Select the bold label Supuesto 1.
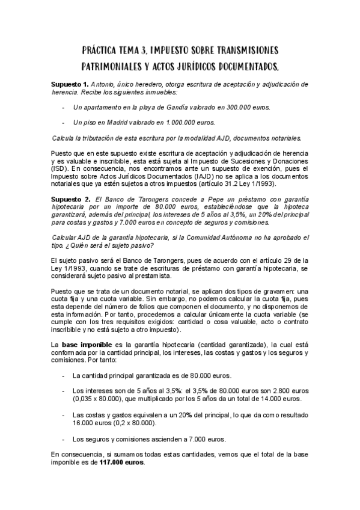coord(70,84)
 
